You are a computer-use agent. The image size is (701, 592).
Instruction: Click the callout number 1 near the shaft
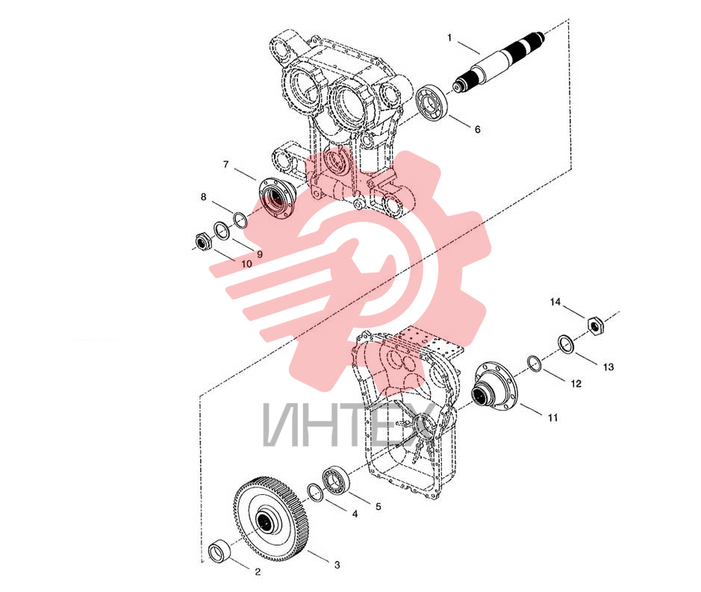449,38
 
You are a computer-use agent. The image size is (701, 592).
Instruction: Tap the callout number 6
478,129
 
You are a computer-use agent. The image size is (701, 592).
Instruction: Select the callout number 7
225,164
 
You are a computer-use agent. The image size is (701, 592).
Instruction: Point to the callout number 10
246,264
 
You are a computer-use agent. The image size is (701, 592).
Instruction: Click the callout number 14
555,302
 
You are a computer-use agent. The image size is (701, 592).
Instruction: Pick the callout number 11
553,417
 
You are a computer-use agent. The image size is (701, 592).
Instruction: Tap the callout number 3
337,564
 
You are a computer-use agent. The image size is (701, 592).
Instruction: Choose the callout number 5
378,507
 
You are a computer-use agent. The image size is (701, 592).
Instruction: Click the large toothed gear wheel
270,518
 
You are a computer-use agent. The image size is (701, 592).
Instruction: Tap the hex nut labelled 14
595,324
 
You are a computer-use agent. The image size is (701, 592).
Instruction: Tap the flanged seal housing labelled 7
277,198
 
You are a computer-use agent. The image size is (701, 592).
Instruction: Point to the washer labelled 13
567,345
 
